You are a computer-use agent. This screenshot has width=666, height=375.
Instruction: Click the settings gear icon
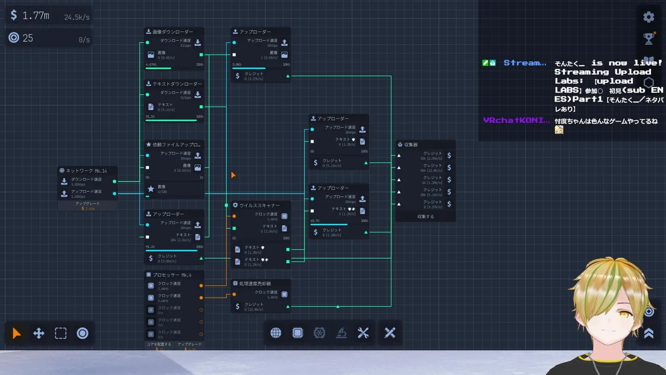(x=648, y=17)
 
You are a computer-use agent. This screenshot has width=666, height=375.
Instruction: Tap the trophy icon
(x=648, y=38)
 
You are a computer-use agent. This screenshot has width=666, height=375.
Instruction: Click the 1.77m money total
(x=36, y=16)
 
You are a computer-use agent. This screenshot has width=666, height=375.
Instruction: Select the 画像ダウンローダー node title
(x=173, y=32)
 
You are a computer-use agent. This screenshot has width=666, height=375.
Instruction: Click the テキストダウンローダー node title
(x=177, y=84)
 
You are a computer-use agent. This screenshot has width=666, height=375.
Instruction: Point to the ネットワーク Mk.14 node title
(x=86, y=171)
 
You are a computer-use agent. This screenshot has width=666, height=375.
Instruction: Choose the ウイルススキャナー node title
(x=260, y=205)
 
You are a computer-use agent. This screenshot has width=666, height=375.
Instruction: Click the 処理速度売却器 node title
(x=255, y=284)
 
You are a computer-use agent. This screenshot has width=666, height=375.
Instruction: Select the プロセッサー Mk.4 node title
(x=172, y=275)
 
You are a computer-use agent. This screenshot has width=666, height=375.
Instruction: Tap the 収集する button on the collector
(x=426, y=216)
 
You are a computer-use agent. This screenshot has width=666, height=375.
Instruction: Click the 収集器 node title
(x=411, y=145)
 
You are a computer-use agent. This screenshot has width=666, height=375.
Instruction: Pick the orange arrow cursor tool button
(x=17, y=333)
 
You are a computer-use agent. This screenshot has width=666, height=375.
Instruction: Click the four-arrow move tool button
(x=39, y=333)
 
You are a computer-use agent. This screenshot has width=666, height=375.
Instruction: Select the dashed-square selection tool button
(x=61, y=333)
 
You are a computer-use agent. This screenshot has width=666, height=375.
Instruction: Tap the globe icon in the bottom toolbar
(x=276, y=333)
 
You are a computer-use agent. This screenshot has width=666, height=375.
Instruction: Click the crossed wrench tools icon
(x=363, y=333)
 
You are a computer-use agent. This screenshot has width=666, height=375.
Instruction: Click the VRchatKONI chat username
(x=516, y=120)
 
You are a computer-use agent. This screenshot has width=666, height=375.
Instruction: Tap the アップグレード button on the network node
(x=87, y=204)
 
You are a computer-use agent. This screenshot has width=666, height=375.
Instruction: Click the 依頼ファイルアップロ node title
(x=177, y=145)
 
